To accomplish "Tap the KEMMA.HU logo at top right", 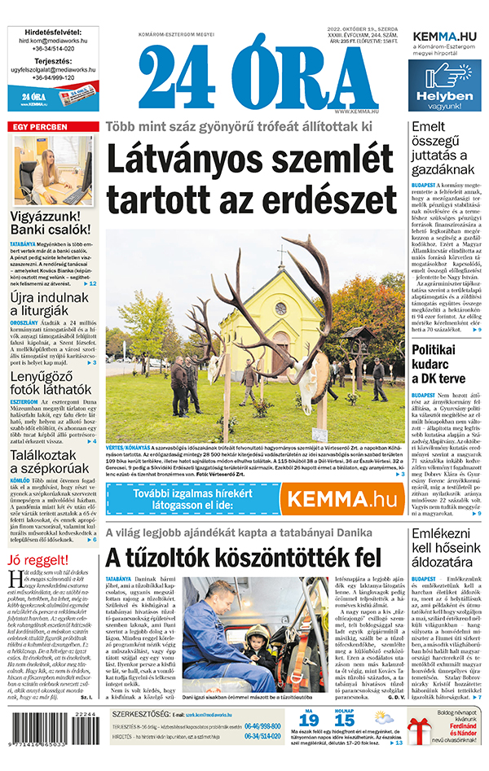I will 445,37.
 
